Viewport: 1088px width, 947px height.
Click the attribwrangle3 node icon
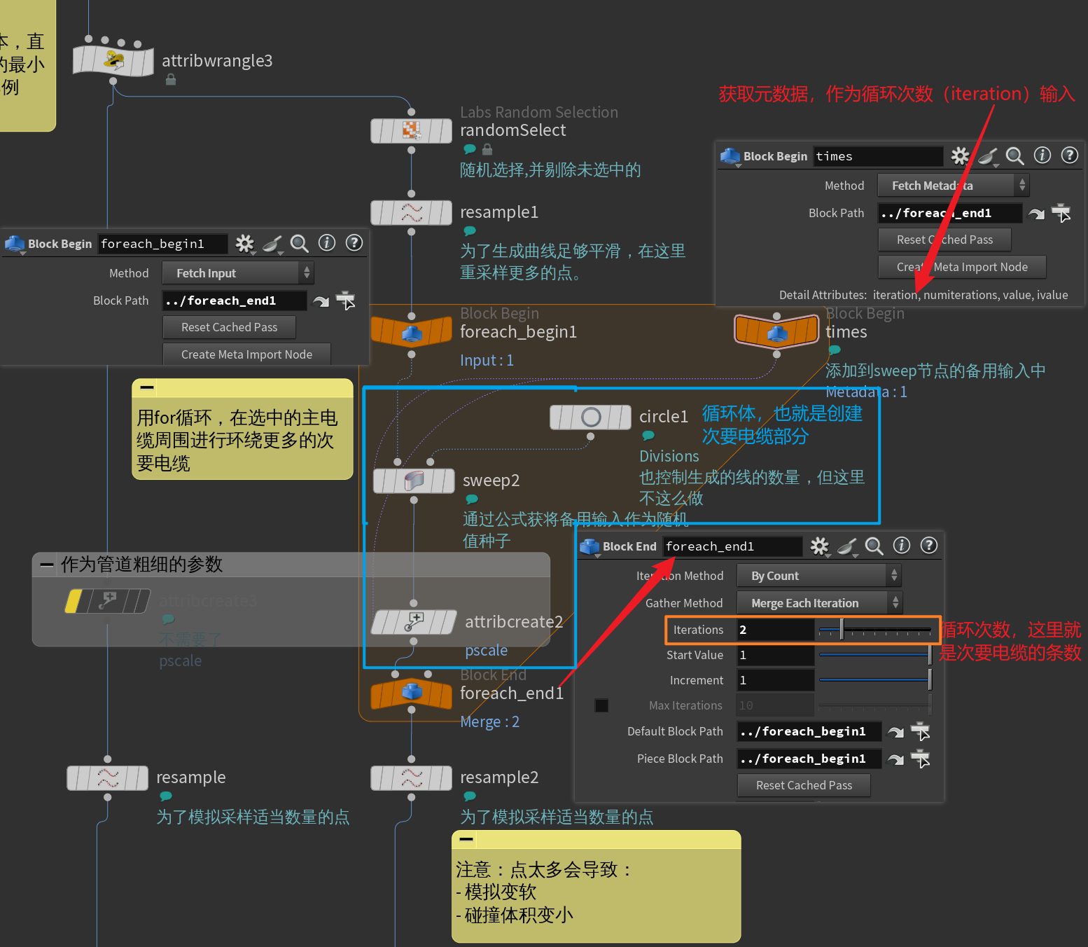(x=113, y=61)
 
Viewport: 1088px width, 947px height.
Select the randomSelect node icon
(x=411, y=131)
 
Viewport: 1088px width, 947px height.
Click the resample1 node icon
(x=411, y=212)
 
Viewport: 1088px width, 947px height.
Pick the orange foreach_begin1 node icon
(x=411, y=331)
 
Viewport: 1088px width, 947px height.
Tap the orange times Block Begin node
(x=776, y=331)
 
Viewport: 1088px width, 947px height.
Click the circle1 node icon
(x=590, y=417)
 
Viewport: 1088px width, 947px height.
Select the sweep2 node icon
(x=414, y=481)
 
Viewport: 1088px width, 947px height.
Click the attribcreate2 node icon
(x=414, y=621)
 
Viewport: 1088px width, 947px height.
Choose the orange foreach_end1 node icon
(x=411, y=693)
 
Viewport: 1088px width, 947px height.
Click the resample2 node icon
(x=411, y=777)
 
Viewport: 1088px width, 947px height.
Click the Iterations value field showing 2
(x=775, y=630)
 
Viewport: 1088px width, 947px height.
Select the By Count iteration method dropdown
(x=818, y=576)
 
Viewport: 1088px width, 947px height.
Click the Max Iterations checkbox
(x=601, y=705)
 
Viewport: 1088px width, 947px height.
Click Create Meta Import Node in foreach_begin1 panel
(x=246, y=354)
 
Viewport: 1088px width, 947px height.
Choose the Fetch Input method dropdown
(x=237, y=273)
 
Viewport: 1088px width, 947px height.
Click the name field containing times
(x=877, y=156)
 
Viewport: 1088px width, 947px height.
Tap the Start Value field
(x=775, y=655)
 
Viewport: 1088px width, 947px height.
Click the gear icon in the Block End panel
(x=819, y=546)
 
